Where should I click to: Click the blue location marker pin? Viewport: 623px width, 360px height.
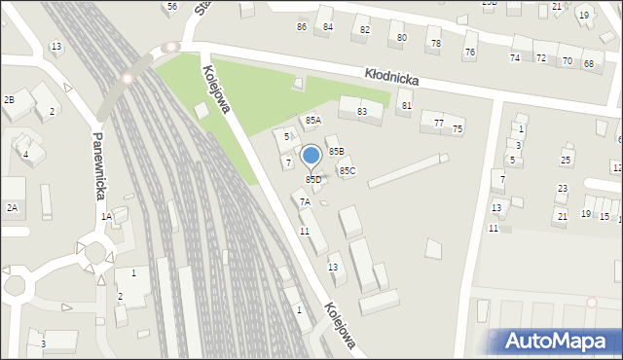coord(311,156)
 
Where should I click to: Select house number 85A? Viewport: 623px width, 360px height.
coord(312,121)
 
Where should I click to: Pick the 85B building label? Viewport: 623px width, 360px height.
coord(336,152)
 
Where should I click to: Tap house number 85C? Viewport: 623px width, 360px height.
coord(347,171)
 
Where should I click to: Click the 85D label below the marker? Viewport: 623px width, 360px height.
coord(313,180)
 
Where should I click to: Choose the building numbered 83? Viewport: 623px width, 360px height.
coord(362,112)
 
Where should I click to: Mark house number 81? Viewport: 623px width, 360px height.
coord(406,105)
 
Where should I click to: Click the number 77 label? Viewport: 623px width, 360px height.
coord(438,123)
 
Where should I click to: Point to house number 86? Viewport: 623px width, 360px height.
coord(302,26)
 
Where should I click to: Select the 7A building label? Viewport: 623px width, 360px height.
coord(305,202)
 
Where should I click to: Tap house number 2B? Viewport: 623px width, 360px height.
coord(9,100)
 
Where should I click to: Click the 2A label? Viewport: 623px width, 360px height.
coord(12,207)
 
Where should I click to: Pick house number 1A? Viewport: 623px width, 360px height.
coord(106,217)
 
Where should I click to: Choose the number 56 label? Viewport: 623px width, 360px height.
coord(171,7)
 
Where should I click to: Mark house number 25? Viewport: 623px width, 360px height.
coord(566,160)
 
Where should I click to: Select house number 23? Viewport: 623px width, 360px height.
coord(562,189)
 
